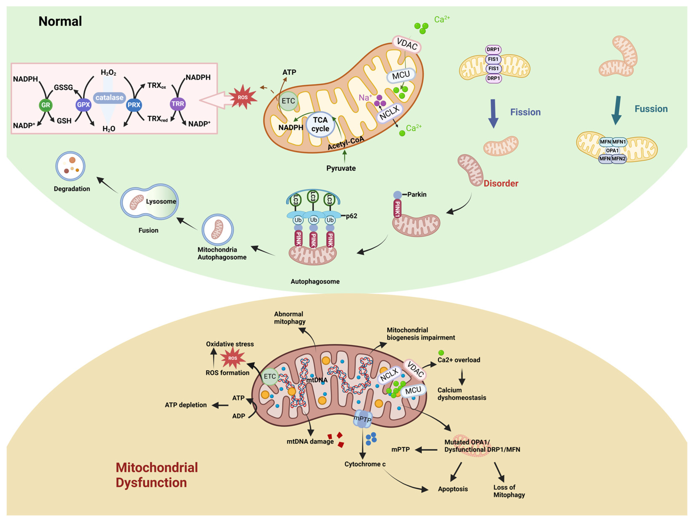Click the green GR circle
45,105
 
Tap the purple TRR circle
178,104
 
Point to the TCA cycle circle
320,124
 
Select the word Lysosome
161,201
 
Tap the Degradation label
72,189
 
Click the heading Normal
60,21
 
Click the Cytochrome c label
365,464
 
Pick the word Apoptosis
453,489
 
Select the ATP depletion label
186,405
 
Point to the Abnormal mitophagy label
289,318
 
